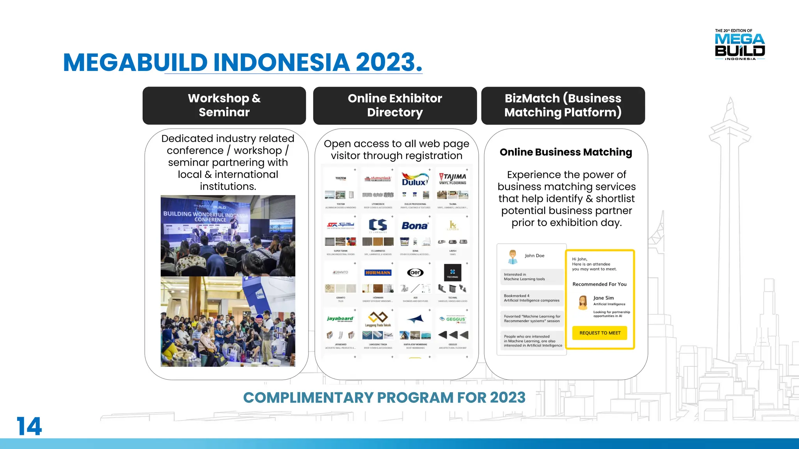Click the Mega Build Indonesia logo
click(740, 45)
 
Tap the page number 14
click(29, 426)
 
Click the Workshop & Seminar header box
click(224, 105)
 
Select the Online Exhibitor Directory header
click(395, 105)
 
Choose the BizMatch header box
click(563, 105)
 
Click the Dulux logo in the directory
click(415, 180)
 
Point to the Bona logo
click(415, 226)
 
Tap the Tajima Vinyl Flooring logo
click(453, 179)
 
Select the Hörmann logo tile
click(378, 273)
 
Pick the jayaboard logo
click(340, 319)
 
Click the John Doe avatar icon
click(513, 256)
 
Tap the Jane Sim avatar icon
click(583, 302)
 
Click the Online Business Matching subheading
click(566, 152)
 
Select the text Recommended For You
click(599, 284)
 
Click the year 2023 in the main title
click(385, 62)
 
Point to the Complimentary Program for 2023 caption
click(384, 398)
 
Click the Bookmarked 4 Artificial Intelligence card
click(531, 298)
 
